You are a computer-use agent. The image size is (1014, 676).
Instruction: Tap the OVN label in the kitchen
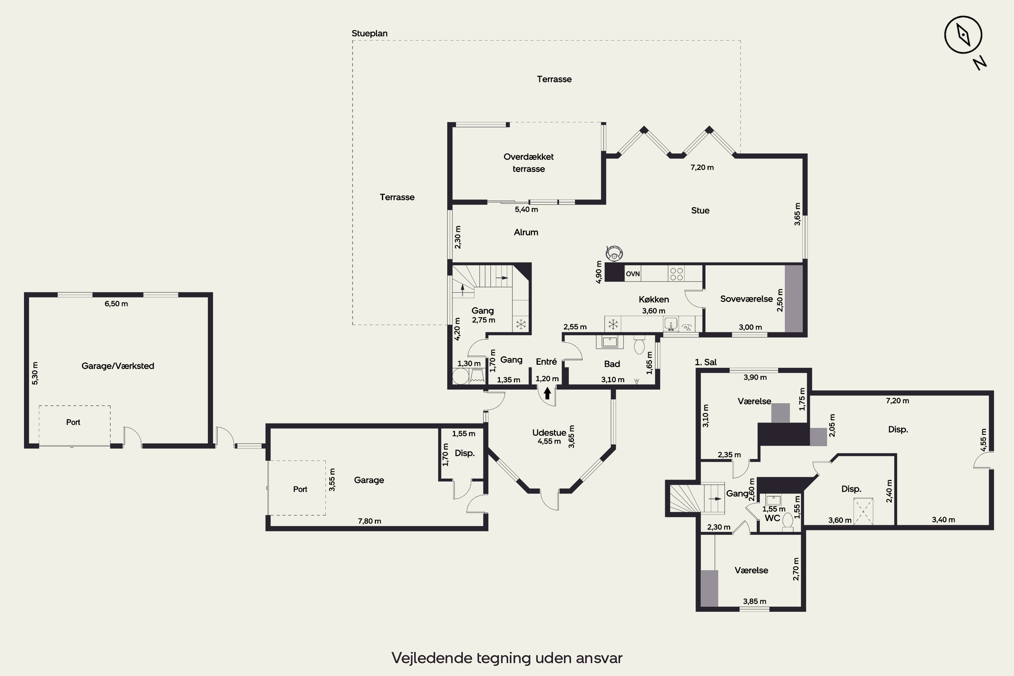click(x=632, y=274)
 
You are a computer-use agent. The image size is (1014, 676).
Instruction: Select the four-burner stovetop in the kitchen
click(x=676, y=273)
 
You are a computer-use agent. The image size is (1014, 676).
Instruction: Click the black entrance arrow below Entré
click(x=547, y=393)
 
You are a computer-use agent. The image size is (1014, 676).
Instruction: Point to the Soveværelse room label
click(x=746, y=299)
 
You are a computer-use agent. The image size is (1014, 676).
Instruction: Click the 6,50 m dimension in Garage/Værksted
click(x=116, y=304)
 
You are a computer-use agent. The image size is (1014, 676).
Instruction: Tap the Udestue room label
click(x=549, y=432)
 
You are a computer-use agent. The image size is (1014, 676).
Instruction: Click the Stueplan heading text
click(x=369, y=33)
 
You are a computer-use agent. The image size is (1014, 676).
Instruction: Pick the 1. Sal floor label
click(x=706, y=362)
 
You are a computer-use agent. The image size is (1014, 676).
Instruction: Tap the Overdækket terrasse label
click(x=529, y=163)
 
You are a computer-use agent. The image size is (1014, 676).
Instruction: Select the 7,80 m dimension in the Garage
click(x=369, y=521)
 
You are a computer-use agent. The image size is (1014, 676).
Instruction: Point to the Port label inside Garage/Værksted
click(x=73, y=422)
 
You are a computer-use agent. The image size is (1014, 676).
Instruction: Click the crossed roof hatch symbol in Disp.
click(x=864, y=511)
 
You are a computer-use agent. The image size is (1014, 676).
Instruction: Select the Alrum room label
click(x=526, y=232)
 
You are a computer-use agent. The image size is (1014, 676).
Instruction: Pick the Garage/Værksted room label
click(x=118, y=366)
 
